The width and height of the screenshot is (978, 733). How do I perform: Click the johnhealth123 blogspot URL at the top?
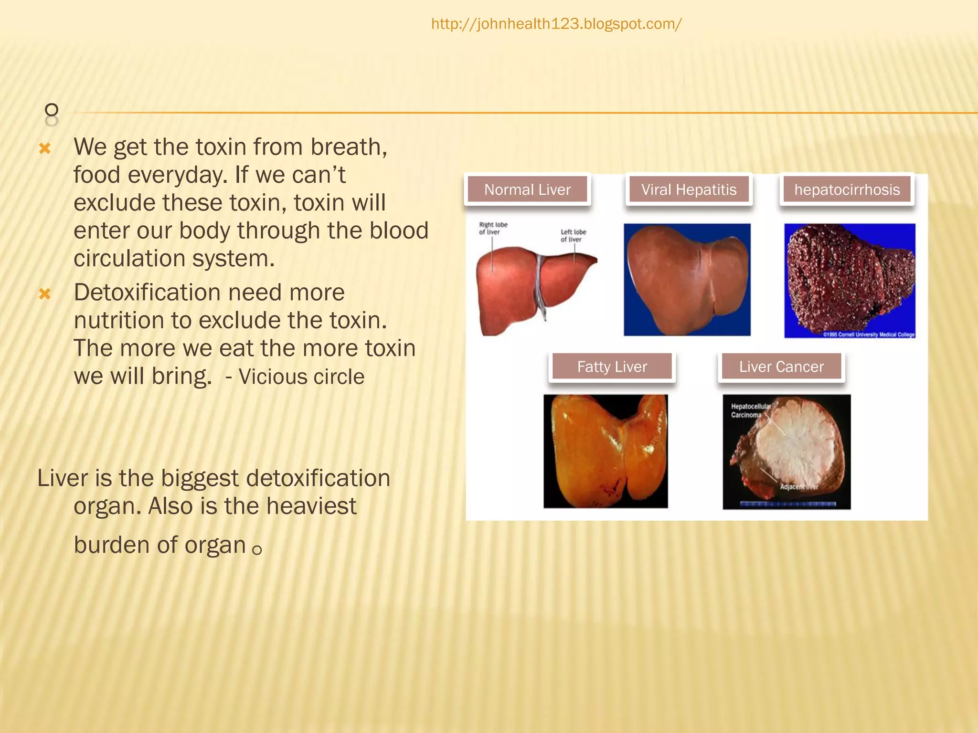pos(556,24)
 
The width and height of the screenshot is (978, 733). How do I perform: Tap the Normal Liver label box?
pos(527,189)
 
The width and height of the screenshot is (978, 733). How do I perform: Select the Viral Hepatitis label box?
pos(689,189)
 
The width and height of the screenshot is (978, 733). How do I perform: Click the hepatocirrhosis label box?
pos(847,189)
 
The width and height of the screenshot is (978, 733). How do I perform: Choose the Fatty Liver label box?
pos(612,366)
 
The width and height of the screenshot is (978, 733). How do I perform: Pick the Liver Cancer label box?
pos(781,366)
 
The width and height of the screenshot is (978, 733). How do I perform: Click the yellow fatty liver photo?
pos(606,451)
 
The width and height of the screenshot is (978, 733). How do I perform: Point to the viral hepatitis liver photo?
pos(687,279)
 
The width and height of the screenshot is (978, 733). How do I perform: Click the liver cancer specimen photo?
pos(787,451)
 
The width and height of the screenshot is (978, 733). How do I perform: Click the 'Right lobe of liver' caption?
pos(493,228)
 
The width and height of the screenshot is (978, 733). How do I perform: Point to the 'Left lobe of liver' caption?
pos(573,235)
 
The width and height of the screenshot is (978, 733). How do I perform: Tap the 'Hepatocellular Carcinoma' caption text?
pos(750,410)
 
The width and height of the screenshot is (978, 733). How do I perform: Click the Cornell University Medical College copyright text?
pos(869,335)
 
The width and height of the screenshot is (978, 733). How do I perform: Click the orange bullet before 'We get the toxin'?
pos(45,148)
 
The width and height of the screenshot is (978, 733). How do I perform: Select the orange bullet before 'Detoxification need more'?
pos(45,293)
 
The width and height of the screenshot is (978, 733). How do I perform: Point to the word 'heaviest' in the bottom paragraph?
pos(311,506)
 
